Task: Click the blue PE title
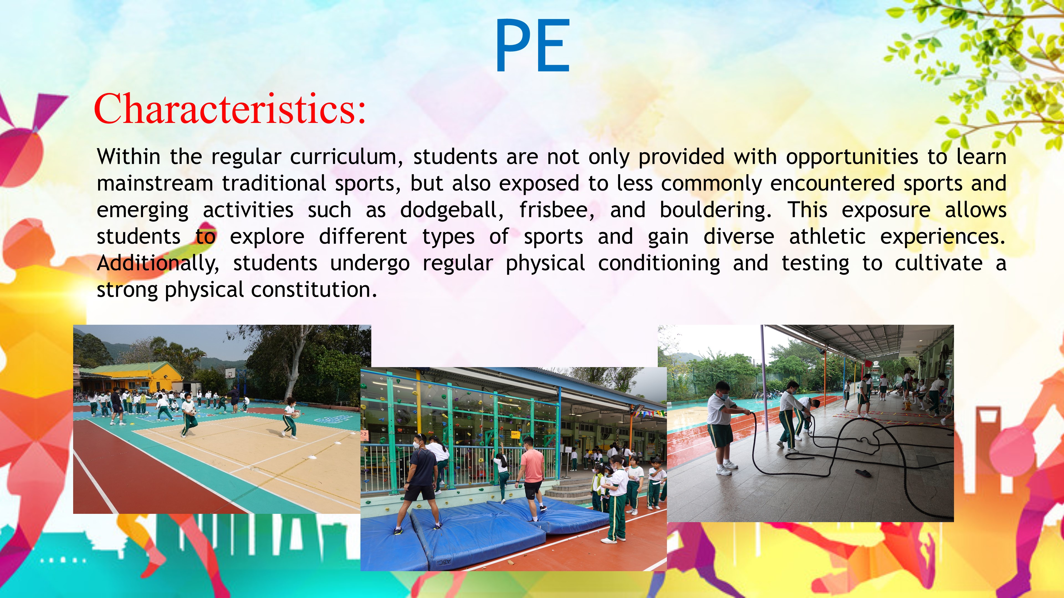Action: (x=532, y=45)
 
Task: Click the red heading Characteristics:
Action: (x=230, y=108)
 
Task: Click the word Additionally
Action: (x=158, y=263)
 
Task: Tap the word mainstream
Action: (x=155, y=183)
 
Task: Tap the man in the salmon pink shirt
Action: (x=532, y=478)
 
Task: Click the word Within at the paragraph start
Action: (x=129, y=157)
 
